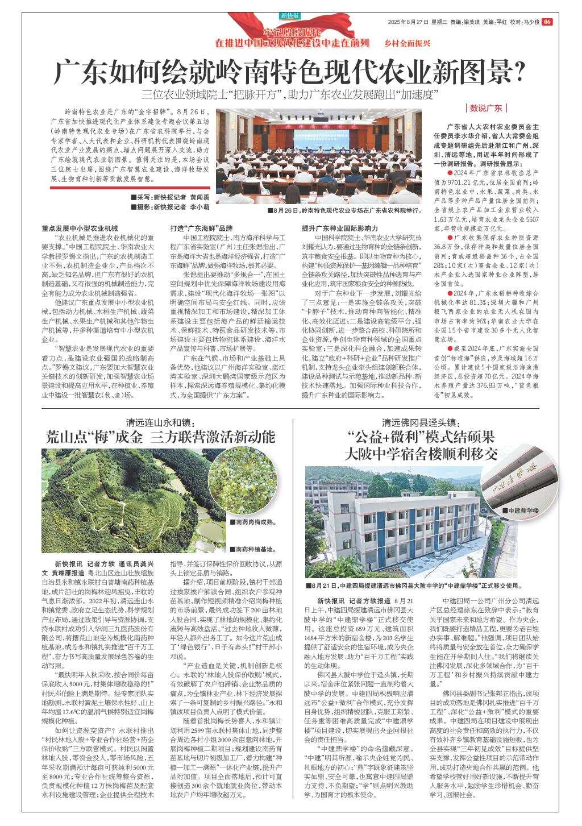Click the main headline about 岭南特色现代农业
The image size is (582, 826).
point(290,72)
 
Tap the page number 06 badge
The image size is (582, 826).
point(547,22)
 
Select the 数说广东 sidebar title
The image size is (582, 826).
point(487,108)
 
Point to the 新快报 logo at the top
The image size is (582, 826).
point(290,15)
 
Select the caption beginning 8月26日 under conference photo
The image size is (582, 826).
point(347,210)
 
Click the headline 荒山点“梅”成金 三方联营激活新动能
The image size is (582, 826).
point(161,437)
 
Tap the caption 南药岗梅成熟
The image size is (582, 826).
point(255,521)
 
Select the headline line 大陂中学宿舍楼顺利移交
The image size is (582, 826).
point(421,454)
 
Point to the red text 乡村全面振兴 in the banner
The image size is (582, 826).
point(408,43)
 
